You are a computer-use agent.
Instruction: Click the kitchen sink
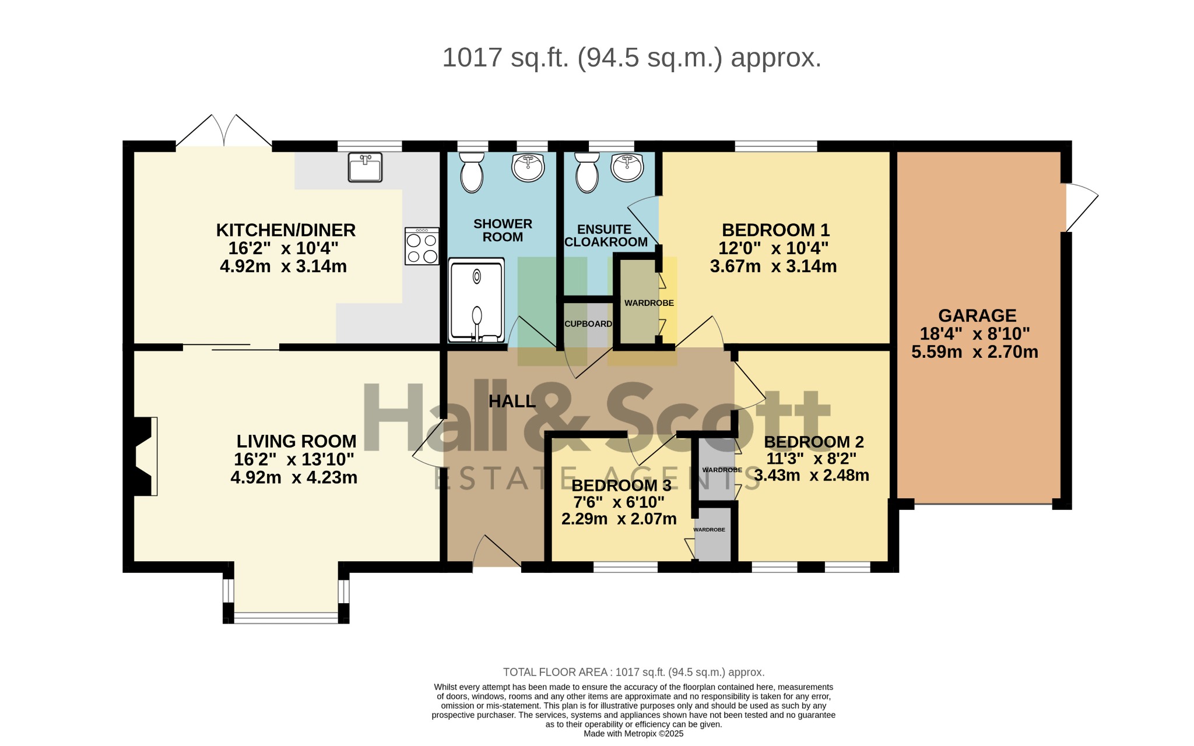[x=365, y=167]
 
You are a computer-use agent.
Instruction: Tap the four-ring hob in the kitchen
[x=422, y=246]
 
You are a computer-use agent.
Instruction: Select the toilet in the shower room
[x=472, y=173]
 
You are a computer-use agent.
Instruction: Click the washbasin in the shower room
[x=528, y=167]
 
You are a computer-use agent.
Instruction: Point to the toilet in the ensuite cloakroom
[x=587, y=173]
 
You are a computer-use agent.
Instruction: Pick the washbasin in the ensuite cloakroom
[x=627, y=167]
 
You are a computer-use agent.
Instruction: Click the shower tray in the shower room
[x=476, y=301]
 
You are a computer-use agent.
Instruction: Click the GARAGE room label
[x=977, y=315]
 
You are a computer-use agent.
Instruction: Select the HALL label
[x=512, y=401]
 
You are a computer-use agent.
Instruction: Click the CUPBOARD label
[x=588, y=324]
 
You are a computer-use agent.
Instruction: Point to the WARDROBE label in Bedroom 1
[x=649, y=303]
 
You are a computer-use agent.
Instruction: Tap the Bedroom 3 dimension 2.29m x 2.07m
[x=619, y=519]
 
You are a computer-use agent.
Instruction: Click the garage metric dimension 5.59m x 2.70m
[x=975, y=351]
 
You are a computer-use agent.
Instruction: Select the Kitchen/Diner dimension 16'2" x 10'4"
[x=283, y=248]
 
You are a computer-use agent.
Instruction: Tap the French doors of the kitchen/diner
[x=224, y=130]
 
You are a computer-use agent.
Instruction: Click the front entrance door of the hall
[x=497, y=551]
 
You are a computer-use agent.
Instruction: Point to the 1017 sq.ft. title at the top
[x=632, y=58]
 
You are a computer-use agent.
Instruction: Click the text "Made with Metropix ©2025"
[x=633, y=734]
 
